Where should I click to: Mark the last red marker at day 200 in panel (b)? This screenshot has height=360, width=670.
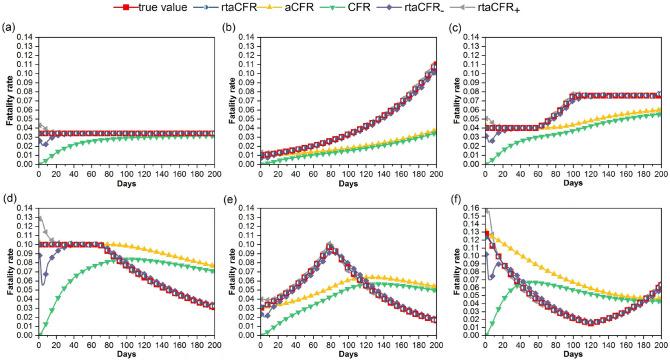pyautogui.click(x=434, y=67)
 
